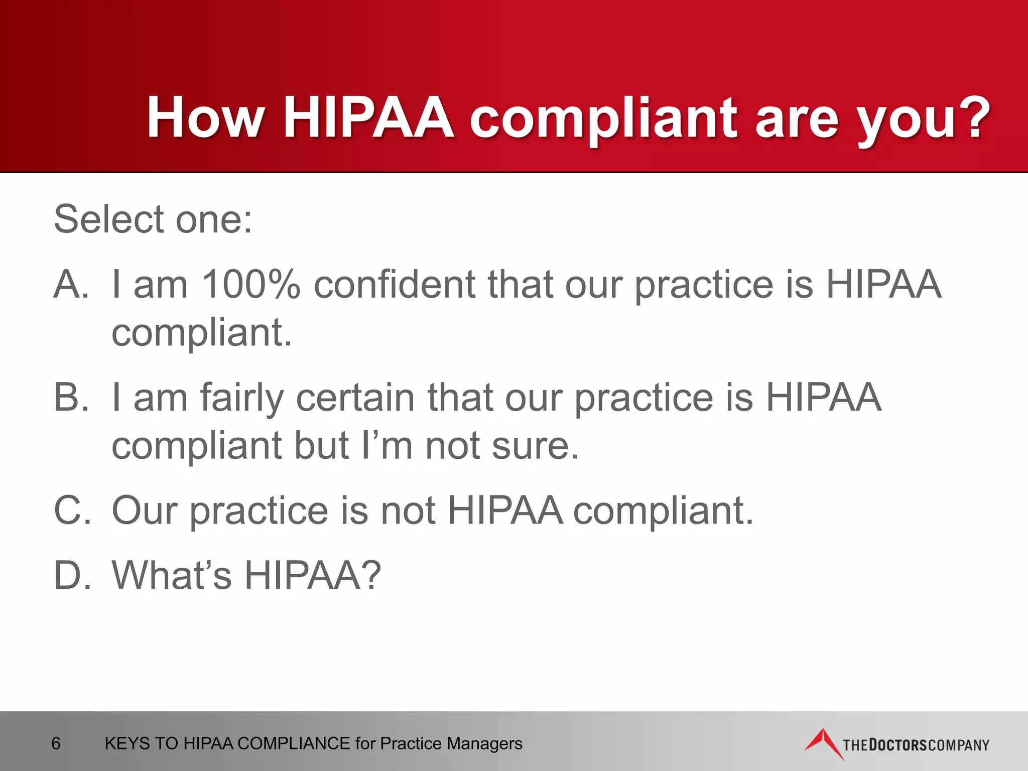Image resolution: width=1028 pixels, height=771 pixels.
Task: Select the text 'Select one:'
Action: (153, 219)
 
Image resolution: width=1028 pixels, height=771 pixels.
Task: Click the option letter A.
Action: (70, 284)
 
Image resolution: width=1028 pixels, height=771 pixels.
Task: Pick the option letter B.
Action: (70, 397)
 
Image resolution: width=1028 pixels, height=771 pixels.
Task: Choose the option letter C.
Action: (72, 510)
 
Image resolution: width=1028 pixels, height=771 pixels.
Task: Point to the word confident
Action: (394, 284)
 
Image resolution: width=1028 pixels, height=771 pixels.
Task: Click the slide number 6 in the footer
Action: (56, 743)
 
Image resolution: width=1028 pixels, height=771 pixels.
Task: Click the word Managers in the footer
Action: (484, 743)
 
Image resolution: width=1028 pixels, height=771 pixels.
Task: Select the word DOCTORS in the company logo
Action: (897, 745)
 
